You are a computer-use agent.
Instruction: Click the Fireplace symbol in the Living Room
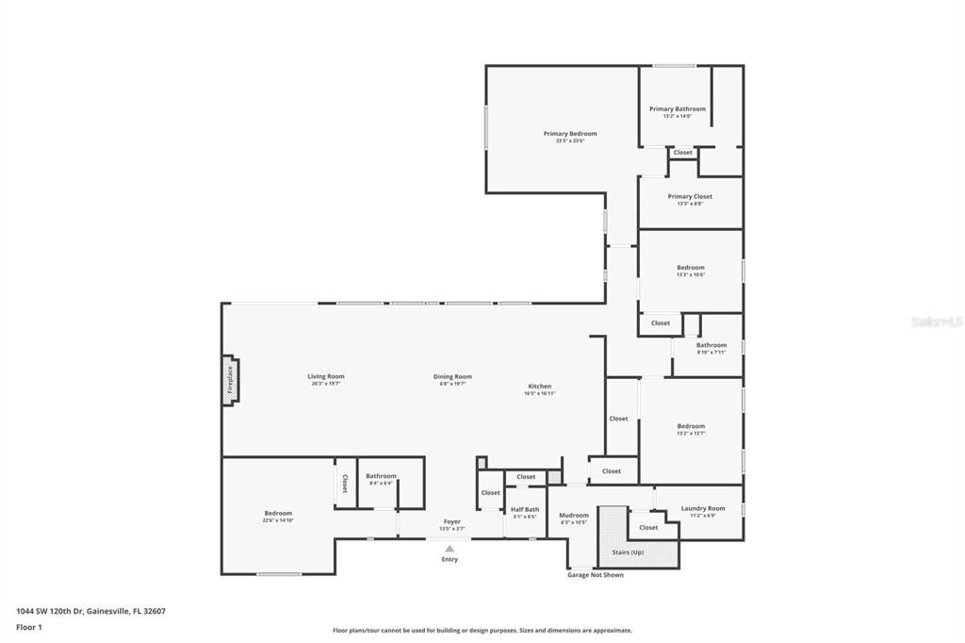[229, 380]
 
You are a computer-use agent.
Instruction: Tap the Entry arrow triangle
[450, 548]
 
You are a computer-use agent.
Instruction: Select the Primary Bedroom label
[569, 134]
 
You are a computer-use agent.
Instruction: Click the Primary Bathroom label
[677, 109]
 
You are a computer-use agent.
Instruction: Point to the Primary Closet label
[690, 197]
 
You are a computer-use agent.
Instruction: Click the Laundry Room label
[702, 509]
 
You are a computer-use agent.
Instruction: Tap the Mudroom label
[573, 515]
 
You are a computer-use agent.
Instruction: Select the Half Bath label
[524, 509]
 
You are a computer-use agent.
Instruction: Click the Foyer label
[452, 521]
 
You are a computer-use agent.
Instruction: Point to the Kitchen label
[539, 387]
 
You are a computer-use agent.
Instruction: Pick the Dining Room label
[452, 377]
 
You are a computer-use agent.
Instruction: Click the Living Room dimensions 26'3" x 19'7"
[326, 384]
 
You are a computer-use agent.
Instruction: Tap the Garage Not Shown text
[595, 574]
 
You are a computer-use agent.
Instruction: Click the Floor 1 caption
[29, 627]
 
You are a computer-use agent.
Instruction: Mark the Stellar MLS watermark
[936, 321]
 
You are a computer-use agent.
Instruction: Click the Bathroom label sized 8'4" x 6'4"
[381, 476]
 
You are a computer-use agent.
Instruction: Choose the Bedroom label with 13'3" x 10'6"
[690, 268]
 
